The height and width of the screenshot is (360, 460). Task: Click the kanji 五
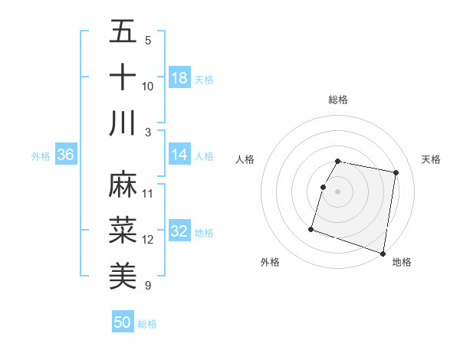(x=123, y=31)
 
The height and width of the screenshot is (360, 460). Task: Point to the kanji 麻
(x=123, y=184)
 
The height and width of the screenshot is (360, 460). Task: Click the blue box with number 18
(x=179, y=77)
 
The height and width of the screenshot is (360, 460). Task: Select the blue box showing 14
(x=179, y=155)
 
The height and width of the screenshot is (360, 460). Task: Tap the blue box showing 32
(x=179, y=232)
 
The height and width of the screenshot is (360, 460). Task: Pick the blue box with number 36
(x=66, y=155)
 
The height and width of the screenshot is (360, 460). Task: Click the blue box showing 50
(x=123, y=322)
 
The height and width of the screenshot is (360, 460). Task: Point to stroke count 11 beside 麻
(x=148, y=193)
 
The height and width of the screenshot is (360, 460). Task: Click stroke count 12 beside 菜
(x=148, y=240)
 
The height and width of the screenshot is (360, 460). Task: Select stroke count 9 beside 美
(x=147, y=286)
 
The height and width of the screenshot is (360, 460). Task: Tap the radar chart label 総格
(x=338, y=100)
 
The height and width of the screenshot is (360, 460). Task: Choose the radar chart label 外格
(x=270, y=262)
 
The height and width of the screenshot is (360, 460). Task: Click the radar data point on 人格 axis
(x=324, y=187)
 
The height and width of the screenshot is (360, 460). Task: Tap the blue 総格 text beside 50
(x=147, y=324)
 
